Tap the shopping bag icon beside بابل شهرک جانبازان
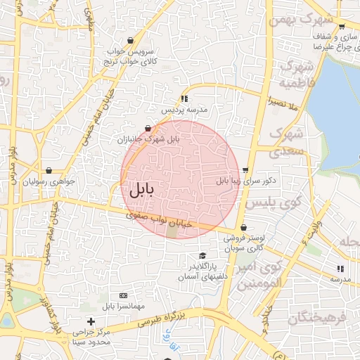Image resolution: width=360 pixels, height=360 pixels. click(148, 128)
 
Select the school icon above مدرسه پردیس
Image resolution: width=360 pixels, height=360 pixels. click(184, 98)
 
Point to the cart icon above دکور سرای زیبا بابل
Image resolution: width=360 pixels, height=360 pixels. click(245, 169)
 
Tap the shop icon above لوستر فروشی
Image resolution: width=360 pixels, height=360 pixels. click(243, 227)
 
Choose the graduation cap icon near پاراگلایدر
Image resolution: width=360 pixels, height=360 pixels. click(203, 255)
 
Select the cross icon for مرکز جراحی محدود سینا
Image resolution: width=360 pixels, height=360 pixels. click(91, 321)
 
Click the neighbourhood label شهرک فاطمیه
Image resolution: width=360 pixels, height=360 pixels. click(295, 74)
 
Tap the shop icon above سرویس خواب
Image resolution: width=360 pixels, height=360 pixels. click(131, 41)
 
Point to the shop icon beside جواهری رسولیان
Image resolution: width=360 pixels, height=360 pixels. click(49, 170)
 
